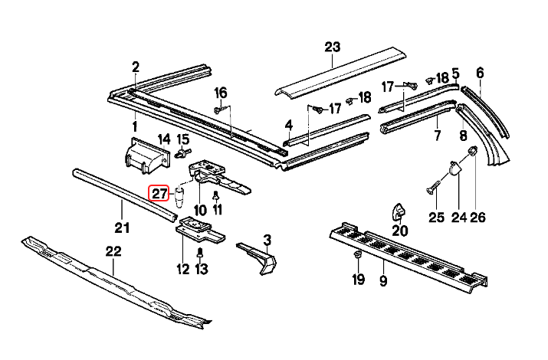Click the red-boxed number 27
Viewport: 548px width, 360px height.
(159, 193)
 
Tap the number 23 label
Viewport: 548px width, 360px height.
(331, 47)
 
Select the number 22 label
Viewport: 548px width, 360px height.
(113, 250)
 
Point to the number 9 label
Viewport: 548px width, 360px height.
(382, 281)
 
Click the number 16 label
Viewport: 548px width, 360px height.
(221, 93)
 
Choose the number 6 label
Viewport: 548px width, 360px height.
(480, 73)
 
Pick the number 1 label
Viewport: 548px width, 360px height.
(135, 126)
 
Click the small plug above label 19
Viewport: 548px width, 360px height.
(357, 253)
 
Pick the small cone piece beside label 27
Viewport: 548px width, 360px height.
(179, 197)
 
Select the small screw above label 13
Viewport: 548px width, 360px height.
(200, 251)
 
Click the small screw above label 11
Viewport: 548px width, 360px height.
(215, 195)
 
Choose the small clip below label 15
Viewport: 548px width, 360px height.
(183, 153)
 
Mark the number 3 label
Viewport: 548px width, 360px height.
(267, 240)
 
